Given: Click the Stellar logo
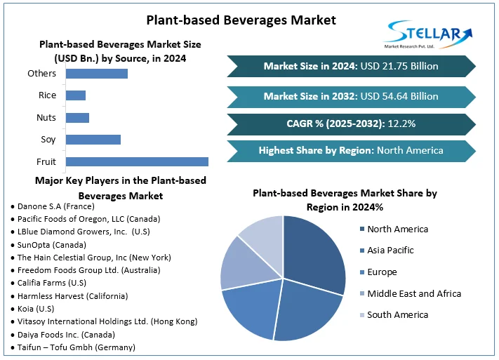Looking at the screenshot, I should (x=430, y=34).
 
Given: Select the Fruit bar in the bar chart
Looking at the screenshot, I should (x=136, y=161).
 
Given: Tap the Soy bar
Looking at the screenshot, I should (x=93, y=140).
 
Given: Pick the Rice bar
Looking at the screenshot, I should (x=75, y=95).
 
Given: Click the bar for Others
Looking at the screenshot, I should (x=96, y=73).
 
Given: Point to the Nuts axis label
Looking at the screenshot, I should (x=46, y=117).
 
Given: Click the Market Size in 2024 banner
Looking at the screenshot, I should (x=351, y=66).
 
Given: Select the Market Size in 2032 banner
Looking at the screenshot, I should (x=351, y=95).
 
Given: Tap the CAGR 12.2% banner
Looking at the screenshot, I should (x=351, y=124).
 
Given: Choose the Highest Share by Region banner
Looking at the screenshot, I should (x=351, y=150).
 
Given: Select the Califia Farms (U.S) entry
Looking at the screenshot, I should (x=48, y=284).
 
